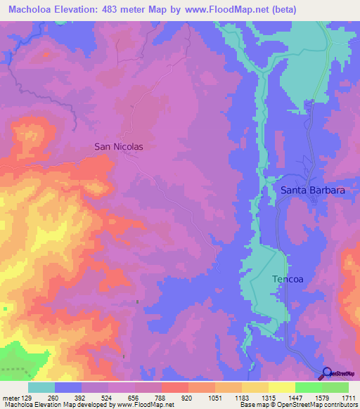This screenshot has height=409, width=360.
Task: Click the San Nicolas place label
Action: (119, 147)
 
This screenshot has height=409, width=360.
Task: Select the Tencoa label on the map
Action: (288, 279)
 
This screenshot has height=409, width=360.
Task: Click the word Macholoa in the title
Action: (33, 10)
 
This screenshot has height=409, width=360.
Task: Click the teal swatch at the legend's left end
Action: (41, 387)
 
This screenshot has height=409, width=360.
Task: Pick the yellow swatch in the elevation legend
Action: (282, 387)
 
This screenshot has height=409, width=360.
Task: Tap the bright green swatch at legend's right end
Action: (335, 387)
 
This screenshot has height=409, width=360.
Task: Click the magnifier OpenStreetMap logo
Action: (327, 374)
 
